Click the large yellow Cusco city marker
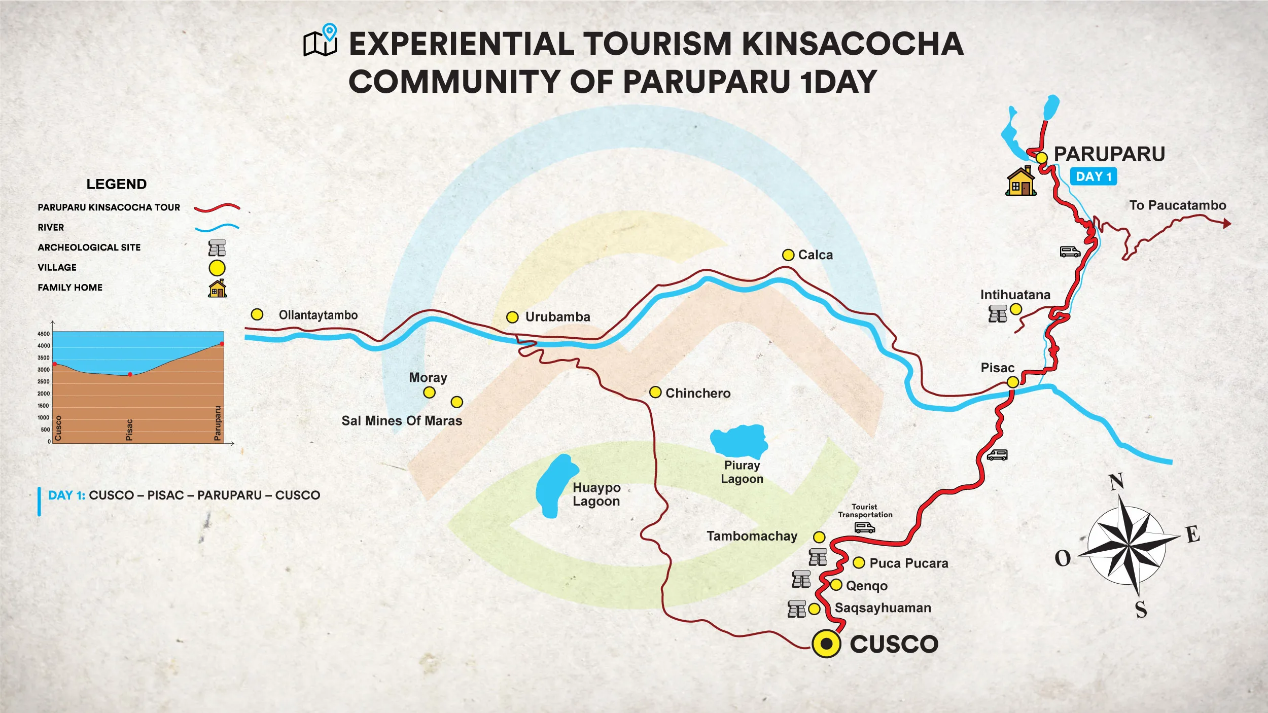826,644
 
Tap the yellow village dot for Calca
788,255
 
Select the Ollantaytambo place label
318,315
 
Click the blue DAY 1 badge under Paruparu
1093,176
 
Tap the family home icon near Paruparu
1020,181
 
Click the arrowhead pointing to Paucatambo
1226,223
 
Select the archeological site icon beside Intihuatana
998,314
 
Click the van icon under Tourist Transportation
864,528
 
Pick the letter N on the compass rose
1116,482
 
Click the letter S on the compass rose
1141,610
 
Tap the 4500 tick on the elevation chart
44,334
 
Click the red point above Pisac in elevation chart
130,374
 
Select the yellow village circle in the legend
217,268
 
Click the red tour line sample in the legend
217,207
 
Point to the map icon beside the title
321,41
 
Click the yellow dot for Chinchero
655,393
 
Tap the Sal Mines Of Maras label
402,421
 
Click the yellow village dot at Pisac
1012,382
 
